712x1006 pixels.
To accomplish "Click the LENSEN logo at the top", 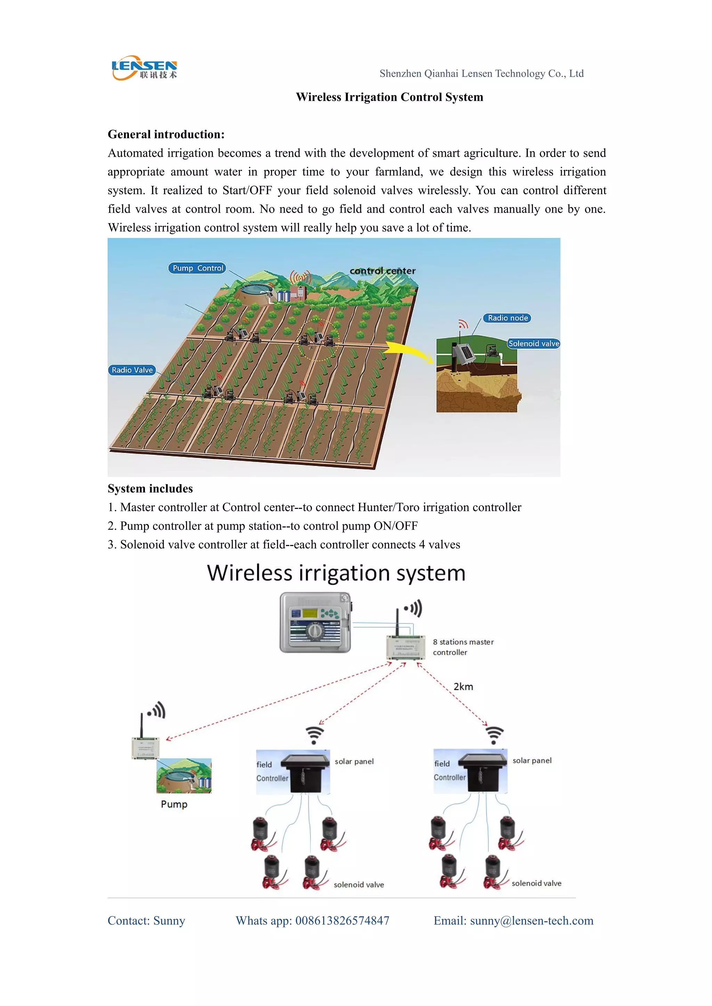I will (144, 68).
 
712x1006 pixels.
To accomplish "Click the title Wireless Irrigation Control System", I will (389, 97).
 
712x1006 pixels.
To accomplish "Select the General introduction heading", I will (166, 134).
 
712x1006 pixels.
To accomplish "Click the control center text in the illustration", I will (382, 271).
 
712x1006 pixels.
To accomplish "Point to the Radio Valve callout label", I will (132, 370).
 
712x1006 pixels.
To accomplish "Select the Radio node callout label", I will (507, 318).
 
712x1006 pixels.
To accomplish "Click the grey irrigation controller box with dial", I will (315, 622).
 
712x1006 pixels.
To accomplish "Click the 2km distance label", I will (463, 686).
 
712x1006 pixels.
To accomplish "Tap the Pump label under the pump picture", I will (174, 805).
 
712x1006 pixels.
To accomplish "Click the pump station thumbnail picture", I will (184, 776).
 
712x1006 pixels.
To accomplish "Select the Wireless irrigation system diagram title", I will (336, 573).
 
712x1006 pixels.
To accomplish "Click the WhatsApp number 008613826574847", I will (342, 921).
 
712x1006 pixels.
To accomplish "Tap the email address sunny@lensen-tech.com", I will (531, 921).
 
